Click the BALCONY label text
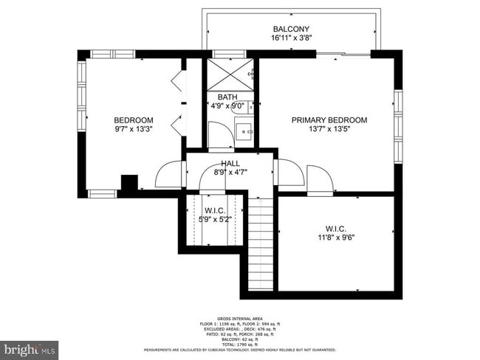pos(290,30)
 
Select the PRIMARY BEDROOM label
pos(329,120)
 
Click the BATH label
pos(227,97)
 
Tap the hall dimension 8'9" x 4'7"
pos(230,172)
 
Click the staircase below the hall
pos(260,243)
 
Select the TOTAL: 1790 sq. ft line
pos(240,344)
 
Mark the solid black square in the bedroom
pos(129,183)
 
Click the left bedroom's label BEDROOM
pos(133,120)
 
